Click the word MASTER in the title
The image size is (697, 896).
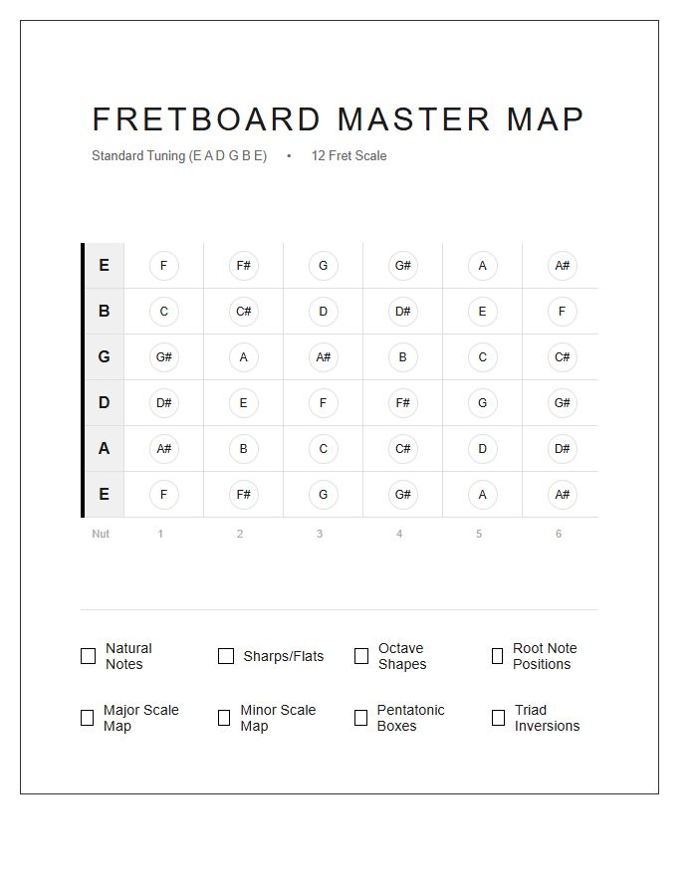coord(414,119)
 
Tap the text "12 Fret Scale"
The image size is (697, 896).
coord(348,156)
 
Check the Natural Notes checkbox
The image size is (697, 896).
coord(88,656)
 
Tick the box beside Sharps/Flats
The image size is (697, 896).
coord(226,656)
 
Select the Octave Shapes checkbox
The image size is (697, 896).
coord(361,656)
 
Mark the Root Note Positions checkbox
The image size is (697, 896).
coord(497,656)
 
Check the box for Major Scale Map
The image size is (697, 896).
coord(87,718)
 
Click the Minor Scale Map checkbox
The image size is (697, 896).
coord(224,718)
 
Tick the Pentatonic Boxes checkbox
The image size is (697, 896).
coord(360,718)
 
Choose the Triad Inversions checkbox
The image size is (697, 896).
coord(498,718)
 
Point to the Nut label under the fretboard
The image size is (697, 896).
coord(101,535)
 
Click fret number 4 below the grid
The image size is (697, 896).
coord(399,535)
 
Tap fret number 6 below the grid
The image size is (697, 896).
coord(559,535)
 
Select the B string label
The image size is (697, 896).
coord(104,312)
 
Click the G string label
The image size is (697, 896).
coord(104,357)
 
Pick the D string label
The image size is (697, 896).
coord(104,403)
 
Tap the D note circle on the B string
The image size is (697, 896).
coord(324,312)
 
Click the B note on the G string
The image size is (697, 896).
coord(403,357)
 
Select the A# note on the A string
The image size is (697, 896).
coord(164,449)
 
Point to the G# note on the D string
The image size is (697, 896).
coord(563,403)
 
